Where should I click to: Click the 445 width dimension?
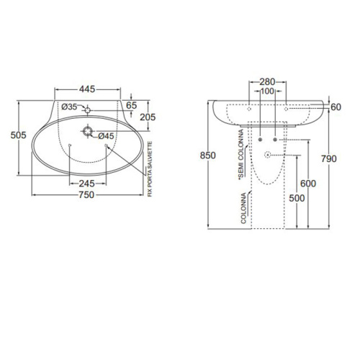coord(87,89)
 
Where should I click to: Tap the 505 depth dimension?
coord(18,135)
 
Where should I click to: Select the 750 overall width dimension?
coord(86,195)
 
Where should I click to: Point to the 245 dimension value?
coord(87,184)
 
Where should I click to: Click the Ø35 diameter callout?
coord(69,107)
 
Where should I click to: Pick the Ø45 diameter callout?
coord(106,136)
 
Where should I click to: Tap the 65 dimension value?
coord(132,105)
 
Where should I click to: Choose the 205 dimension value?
coord(148,117)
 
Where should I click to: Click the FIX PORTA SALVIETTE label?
coord(150,169)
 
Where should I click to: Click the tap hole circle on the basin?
coord(87,110)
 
